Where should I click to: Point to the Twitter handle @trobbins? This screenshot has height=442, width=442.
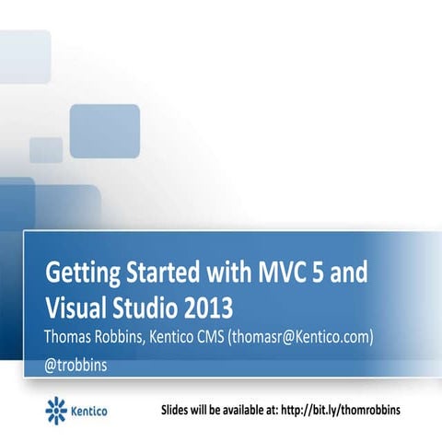76,364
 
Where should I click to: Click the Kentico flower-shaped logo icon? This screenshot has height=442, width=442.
56,408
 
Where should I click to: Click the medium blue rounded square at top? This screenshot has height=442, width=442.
104,131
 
